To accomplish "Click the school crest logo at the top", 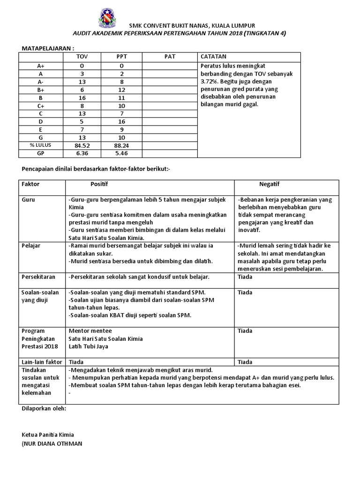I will pyautogui.click(x=108, y=18).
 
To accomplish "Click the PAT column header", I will pyautogui.click(x=169, y=57).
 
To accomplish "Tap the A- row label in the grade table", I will pyautogui.click(x=41, y=81).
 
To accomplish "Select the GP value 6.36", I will pyautogui.click(x=82, y=153).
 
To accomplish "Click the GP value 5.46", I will pyautogui.click(x=122, y=153).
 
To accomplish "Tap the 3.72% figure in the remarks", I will pyautogui.click(x=209, y=81).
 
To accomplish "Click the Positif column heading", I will pyautogui.click(x=99, y=184).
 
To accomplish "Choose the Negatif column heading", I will pyautogui.click(x=269, y=184).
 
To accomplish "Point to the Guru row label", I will pyautogui.click(x=29, y=200).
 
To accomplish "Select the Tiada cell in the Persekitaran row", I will pyautogui.click(x=245, y=277).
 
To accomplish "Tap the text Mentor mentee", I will pyautogui.click(x=88, y=330).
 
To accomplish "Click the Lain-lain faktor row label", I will pyautogui.click(x=42, y=362).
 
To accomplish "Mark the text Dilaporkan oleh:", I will pyautogui.click(x=44, y=408).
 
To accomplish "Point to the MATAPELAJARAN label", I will pyautogui.click(x=48, y=48).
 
